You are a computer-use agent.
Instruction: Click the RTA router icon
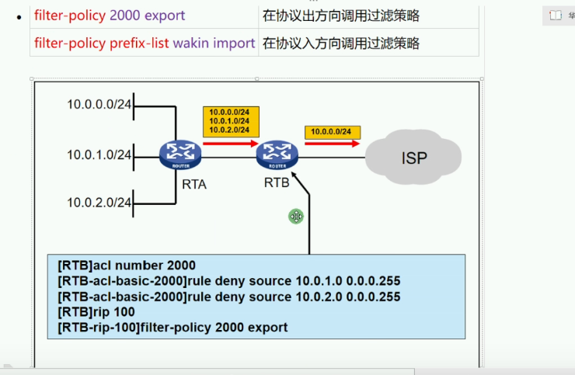[x=179, y=155]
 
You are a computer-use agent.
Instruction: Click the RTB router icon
[x=277, y=155]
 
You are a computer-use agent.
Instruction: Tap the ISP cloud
[x=413, y=158]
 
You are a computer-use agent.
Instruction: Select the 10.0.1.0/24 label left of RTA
[x=99, y=155]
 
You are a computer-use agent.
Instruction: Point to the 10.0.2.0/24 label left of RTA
[x=99, y=203]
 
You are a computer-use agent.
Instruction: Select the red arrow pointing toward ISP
[x=333, y=144]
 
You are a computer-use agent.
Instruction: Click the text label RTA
[x=194, y=185]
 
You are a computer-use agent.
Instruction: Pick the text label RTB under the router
[x=277, y=183]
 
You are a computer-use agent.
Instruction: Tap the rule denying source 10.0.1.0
[x=228, y=281]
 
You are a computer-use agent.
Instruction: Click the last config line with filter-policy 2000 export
[x=172, y=328]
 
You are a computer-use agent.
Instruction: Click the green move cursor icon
[x=296, y=217]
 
